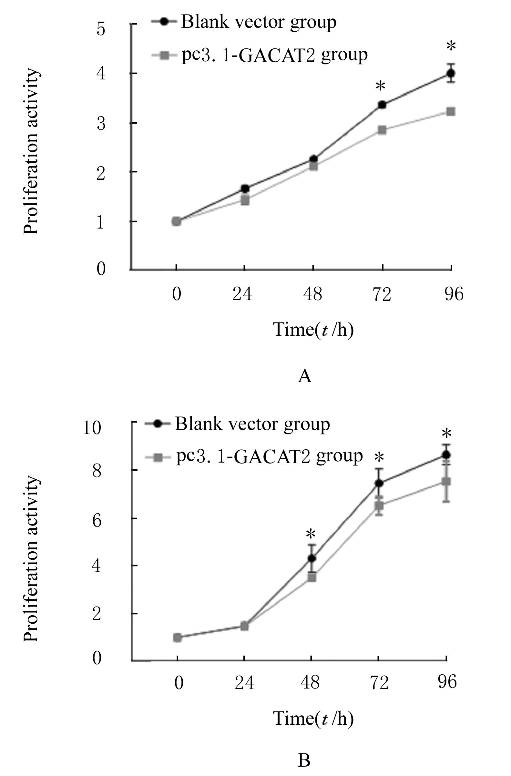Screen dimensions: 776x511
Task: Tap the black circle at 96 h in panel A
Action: pos(451,73)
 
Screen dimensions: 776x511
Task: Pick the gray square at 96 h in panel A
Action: pos(451,111)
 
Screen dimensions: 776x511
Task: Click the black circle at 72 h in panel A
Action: pos(382,105)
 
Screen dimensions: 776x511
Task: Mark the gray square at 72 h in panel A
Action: pos(382,130)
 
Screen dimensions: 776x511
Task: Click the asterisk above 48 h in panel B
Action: pos(311,535)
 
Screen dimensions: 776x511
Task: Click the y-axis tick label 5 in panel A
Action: pos(101,29)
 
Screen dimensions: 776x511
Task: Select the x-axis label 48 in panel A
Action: pos(313,294)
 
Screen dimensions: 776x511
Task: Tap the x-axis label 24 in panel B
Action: pos(244,682)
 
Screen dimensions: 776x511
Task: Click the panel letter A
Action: pos(305,376)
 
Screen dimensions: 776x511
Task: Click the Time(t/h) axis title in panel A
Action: pos(313,330)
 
